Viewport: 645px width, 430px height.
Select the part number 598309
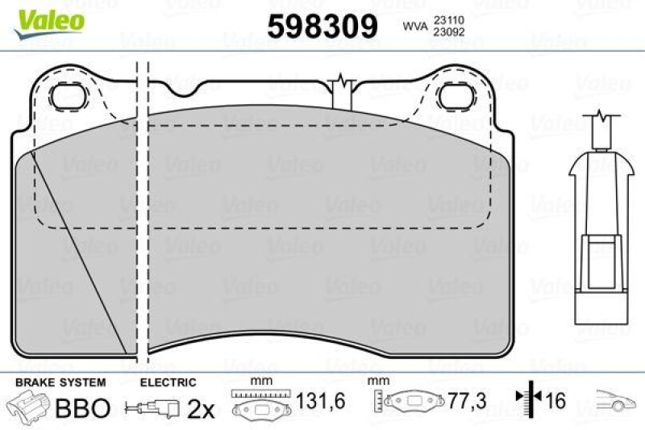coord(322,27)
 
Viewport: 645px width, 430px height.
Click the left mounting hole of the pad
coord(68,98)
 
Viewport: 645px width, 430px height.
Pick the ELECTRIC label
coord(169,382)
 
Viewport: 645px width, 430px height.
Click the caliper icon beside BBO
coord(28,406)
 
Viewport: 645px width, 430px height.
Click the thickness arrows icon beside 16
coord(529,400)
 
